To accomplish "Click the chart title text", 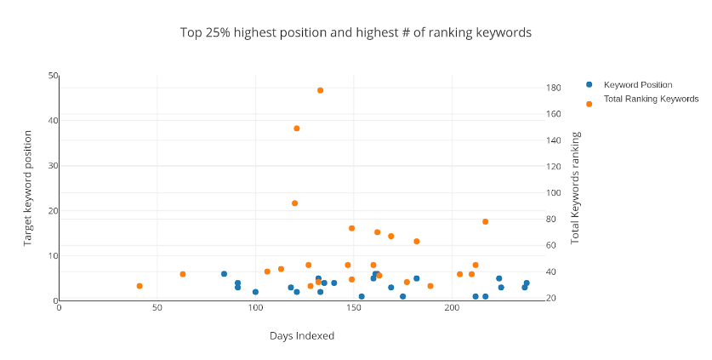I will (356, 32).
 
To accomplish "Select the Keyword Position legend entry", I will (637, 84).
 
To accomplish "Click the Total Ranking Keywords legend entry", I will (651, 99).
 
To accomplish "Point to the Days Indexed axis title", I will (302, 336).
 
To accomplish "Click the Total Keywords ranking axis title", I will (576, 188).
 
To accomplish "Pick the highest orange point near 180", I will (320, 90).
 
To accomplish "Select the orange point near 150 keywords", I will (297, 129).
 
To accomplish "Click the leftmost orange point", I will (140, 286).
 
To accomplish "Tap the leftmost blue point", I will (224, 274).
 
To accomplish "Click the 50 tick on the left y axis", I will (53, 76).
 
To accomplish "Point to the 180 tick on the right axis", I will (553, 88).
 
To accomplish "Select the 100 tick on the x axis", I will (255, 308).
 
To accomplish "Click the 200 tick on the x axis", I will (452, 308).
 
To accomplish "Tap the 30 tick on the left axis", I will (53, 166).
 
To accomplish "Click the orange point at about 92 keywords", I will (294, 203).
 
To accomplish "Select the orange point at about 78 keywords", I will (485, 222).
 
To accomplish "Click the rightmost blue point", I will (527, 283).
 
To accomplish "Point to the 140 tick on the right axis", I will (553, 140).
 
